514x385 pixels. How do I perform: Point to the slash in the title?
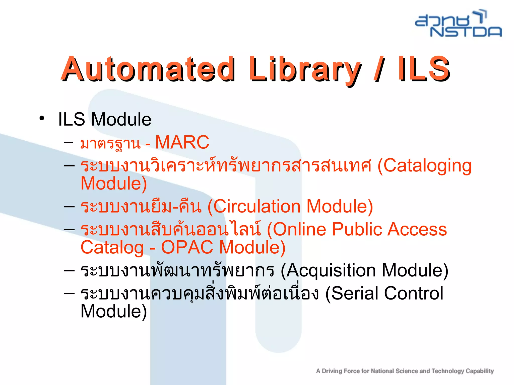click(379, 70)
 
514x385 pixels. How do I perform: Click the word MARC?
click(182, 142)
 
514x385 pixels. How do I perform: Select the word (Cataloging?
click(424, 166)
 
